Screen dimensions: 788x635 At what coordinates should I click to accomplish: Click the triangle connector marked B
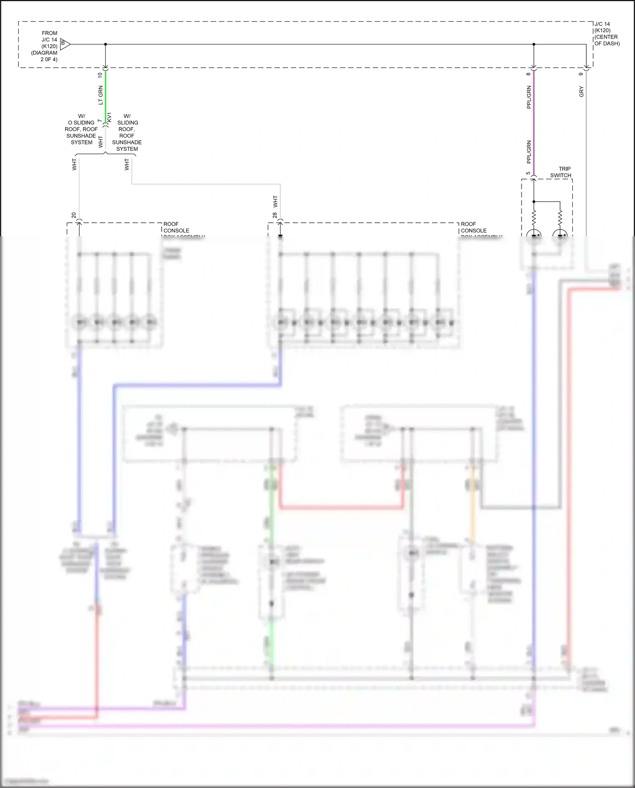[64, 44]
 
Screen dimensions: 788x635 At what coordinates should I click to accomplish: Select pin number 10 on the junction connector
[100, 75]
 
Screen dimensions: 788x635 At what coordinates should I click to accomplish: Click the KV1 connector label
[109, 117]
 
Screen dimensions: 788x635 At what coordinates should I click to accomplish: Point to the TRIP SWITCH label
[560, 172]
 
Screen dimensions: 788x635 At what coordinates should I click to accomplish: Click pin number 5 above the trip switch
[528, 173]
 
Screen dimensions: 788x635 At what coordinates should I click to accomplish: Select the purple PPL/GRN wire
[533, 123]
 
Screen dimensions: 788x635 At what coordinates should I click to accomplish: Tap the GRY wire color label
[581, 91]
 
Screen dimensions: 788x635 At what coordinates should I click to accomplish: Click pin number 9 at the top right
[581, 74]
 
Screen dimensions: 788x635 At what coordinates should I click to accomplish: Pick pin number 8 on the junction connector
[528, 74]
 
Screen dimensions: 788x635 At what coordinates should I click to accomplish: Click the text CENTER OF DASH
[607, 40]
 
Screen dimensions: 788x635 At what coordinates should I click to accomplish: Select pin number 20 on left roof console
[74, 215]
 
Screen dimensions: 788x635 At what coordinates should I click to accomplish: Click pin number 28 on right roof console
[275, 215]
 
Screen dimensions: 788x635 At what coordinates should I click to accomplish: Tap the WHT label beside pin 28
[275, 201]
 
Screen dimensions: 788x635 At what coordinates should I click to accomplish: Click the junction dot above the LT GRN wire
[105, 44]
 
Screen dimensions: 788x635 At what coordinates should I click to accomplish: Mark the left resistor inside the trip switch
[534, 218]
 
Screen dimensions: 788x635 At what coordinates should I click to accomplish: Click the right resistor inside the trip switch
[560, 218]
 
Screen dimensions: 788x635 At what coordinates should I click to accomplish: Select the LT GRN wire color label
[100, 95]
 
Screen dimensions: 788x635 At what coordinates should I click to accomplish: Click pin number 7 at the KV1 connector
[100, 121]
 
